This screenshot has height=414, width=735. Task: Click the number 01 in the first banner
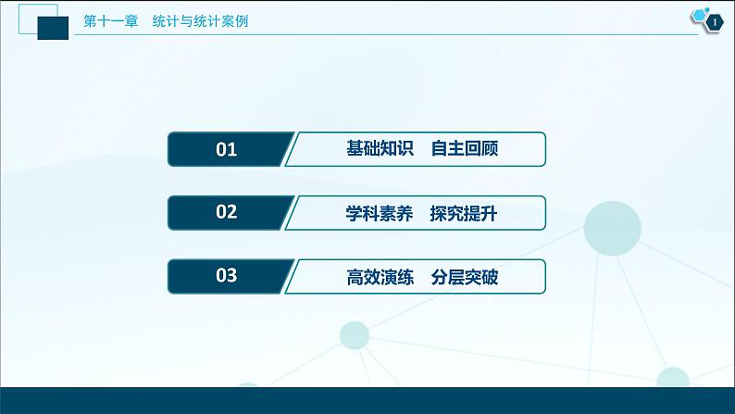pos(226,149)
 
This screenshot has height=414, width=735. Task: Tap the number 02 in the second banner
pos(226,212)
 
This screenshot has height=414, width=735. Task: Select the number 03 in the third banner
pos(226,276)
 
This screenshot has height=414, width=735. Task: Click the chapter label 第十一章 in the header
pos(109,21)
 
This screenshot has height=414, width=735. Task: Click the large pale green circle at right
pos(613,227)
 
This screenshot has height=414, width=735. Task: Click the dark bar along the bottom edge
pos(367,400)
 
